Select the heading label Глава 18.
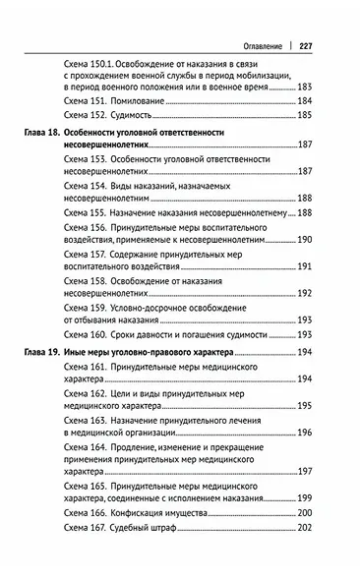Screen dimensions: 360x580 (x=46, y=132)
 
